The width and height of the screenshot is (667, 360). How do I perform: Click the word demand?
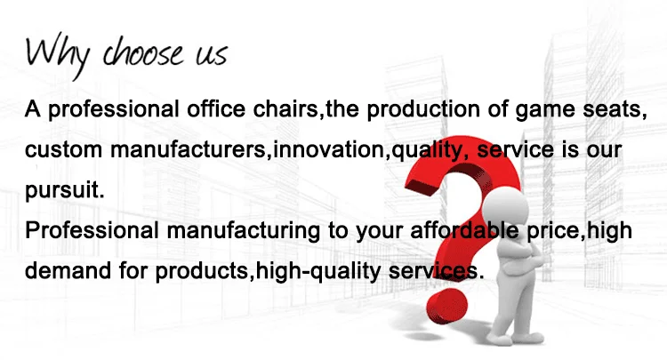click(x=64, y=271)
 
